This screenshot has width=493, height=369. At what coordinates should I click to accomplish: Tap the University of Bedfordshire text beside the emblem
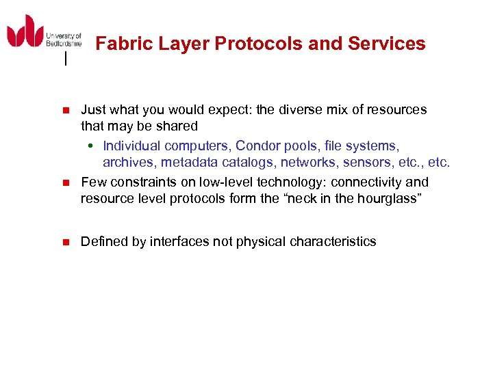[64, 39]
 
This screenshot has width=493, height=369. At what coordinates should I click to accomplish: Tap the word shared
[177, 126]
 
